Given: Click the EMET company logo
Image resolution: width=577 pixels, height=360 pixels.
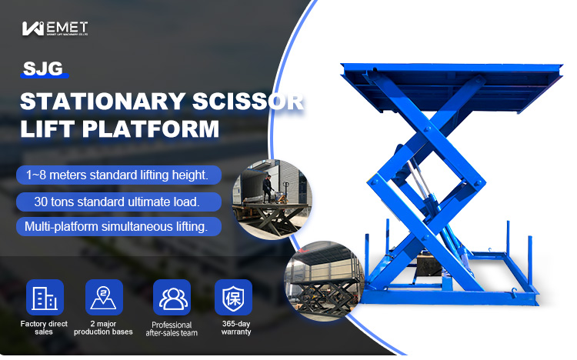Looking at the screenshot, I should (55, 29).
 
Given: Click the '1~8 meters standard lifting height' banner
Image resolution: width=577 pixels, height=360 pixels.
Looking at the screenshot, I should (117, 175).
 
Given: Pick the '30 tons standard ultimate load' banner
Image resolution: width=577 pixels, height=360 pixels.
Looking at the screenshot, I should (117, 202).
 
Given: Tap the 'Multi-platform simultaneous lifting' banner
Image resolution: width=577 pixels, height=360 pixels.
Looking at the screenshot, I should (117, 227).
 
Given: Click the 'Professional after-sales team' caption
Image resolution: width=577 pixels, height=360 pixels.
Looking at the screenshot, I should (171, 328).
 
